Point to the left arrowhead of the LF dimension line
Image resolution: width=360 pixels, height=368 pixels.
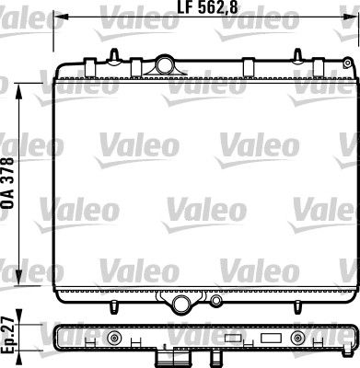[60, 16]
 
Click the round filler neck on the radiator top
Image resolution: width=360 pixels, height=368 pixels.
[167, 64]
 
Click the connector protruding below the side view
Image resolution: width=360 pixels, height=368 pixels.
[167, 360]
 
